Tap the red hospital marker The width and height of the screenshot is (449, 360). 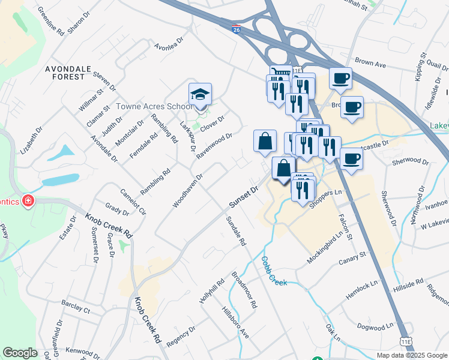coord(26,201)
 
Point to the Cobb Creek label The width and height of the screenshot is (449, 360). coord(273,272)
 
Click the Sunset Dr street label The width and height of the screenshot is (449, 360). coord(243,198)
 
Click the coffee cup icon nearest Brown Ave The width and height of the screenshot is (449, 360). coord(340,79)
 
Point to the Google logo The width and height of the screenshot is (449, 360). coord(20,353)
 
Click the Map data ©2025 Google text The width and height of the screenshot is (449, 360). coord(412,355)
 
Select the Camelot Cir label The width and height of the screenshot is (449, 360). coord(134,202)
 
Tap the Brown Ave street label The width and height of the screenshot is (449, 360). coord(370,62)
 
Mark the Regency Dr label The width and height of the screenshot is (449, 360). coord(181,337)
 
